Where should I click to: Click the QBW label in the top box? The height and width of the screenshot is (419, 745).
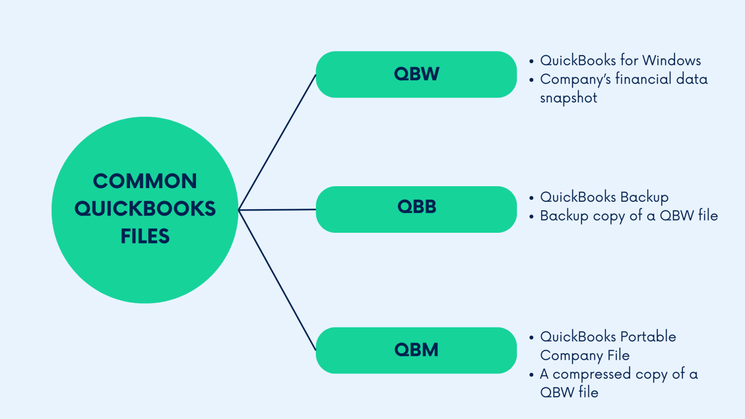[x=416, y=74]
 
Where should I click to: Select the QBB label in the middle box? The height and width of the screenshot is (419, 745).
[x=417, y=207]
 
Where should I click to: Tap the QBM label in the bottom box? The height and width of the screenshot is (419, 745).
[x=416, y=350]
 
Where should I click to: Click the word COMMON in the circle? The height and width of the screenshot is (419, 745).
[x=145, y=181]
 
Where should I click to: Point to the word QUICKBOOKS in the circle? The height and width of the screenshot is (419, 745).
[x=145, y=209]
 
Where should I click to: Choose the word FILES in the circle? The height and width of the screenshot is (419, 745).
[x=145, y=237]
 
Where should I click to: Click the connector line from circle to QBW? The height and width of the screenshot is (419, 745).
[x=277, y=142]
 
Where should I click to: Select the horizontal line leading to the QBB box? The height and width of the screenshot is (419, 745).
[x=277, y=210]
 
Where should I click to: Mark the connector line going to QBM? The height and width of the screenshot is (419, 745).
[x=277, y=280]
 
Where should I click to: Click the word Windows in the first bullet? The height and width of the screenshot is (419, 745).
[x=672, y=61]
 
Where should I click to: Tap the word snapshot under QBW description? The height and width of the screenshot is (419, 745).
[x=568, y=98]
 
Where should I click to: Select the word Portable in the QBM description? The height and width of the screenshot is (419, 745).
[x=648, y=337]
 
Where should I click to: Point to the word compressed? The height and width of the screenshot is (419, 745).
[x=592, y=374]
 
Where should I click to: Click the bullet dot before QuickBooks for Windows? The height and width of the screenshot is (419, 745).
[x=532, y=62]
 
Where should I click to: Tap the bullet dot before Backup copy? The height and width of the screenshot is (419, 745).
[x=532, y=217]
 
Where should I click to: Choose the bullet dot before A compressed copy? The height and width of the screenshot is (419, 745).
[x=532, y=375]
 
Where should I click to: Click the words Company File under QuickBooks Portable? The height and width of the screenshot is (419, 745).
[x=585, y=355]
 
